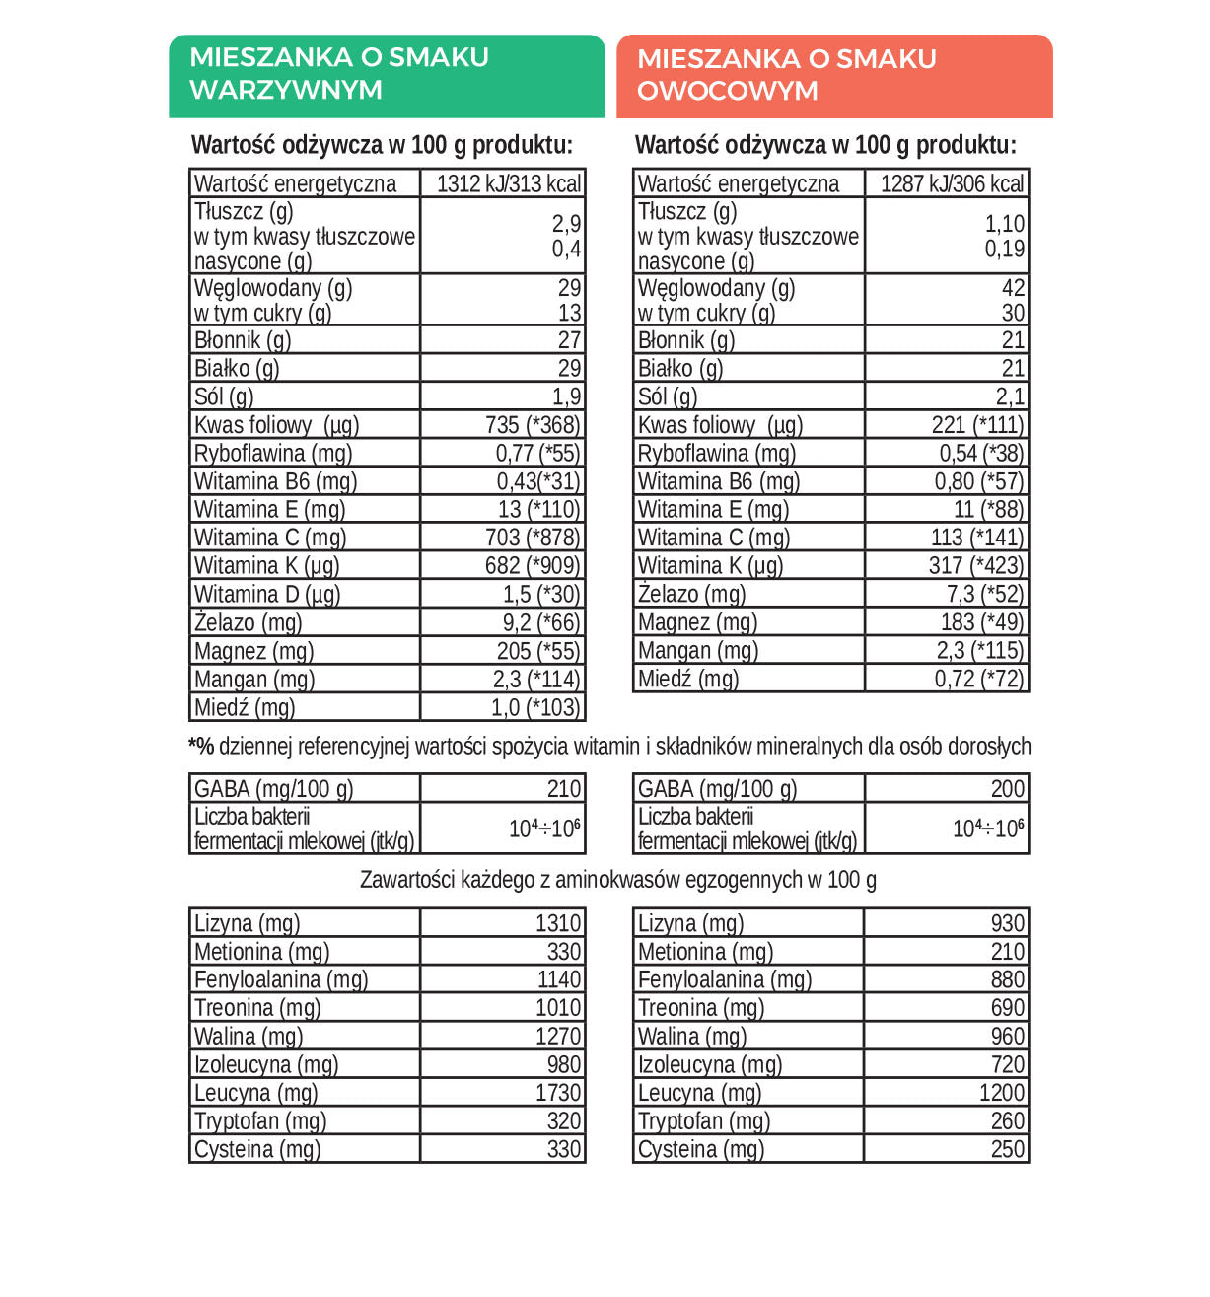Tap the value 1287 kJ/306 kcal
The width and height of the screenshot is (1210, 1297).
click(952, 184)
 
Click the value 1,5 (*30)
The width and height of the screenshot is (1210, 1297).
click(541, 595)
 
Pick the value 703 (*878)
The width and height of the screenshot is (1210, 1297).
click(533, 538)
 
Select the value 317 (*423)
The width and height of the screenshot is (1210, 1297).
click(976, 566)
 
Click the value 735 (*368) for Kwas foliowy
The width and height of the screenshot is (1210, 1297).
click(533, 425)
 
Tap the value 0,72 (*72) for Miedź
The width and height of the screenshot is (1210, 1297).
click(979, 679)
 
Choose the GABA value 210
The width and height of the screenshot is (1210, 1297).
click(564, 789)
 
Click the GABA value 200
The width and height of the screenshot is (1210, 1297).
click(1008, 789)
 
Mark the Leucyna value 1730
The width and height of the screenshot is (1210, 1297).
click(558, 1093)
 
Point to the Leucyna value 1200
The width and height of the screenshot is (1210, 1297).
click(1002, 1093)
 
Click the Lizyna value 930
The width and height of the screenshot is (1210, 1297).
click(1008, 923)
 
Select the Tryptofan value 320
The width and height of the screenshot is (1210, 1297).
click(564, 1121)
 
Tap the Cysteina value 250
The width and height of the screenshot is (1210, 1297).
click(1008, 1149)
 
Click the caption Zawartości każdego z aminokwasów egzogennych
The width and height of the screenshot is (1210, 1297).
click(617, 880)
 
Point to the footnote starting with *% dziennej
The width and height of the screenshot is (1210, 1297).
click(609, 747)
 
